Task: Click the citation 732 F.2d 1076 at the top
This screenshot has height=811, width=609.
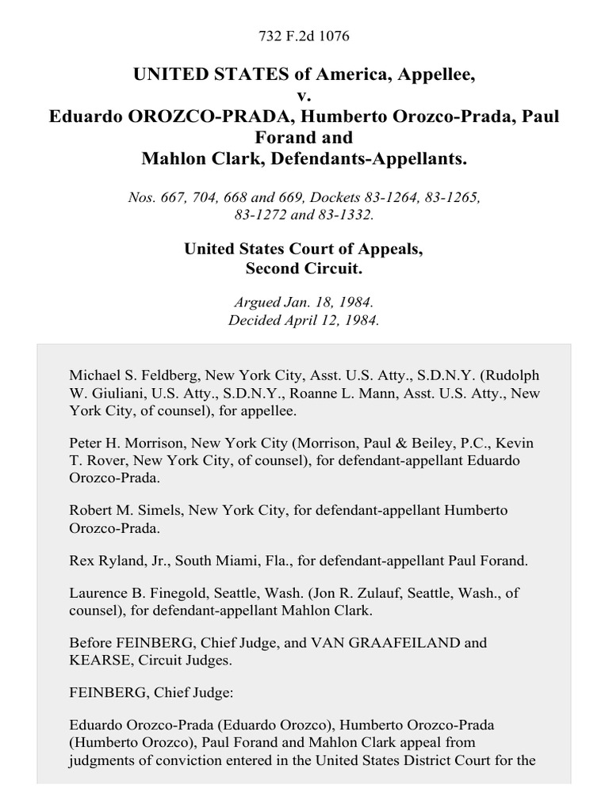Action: [x=304, y=36]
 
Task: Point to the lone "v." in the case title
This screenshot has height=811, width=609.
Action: [x=304, y=96]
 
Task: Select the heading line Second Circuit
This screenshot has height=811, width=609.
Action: [x=304, y=268]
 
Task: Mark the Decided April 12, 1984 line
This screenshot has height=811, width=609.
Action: [x=304, y=321]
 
